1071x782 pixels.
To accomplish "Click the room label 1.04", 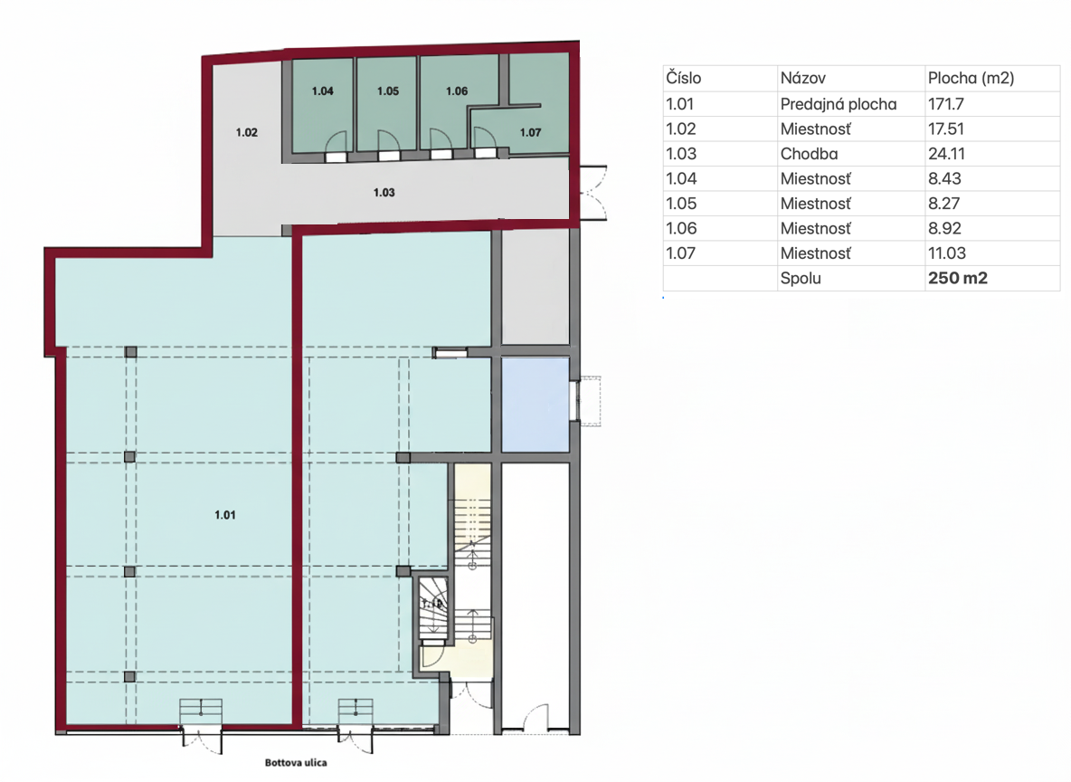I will click(323, 91).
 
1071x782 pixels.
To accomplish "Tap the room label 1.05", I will click(388, 91).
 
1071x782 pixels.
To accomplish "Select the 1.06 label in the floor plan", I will click(457, 91).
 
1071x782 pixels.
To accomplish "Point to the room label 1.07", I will click(531, 132).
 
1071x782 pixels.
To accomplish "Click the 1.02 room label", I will click(247, 132).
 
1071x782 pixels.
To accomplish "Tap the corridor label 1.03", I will click(384, 192).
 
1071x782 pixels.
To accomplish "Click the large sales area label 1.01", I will click(225, 515).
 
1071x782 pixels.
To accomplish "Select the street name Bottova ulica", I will click(296, 762).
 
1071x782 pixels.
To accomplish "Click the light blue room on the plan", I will click(535, 404).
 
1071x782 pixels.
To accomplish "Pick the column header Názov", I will click(803, 79).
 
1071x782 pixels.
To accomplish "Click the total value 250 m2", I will click(958, 278).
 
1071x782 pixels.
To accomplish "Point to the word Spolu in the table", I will click(801, 278).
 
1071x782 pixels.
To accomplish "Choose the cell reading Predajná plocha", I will click(839, 104).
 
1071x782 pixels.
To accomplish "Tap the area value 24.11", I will click(946, 154).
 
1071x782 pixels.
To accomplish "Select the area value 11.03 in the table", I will click(947, 253).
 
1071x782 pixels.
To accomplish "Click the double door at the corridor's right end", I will click(592, 192).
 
